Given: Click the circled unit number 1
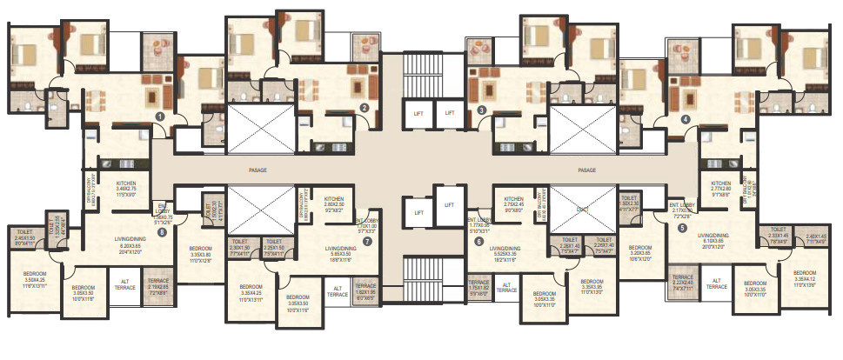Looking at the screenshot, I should click(159, 115).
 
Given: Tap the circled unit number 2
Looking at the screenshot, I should click(365, 108).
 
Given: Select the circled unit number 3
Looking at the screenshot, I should click(481, 110).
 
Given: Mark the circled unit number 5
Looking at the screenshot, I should click(681, 228).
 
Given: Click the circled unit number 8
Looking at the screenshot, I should click(161, 232).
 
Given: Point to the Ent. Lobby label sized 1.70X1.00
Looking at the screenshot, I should click(367, 225).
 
